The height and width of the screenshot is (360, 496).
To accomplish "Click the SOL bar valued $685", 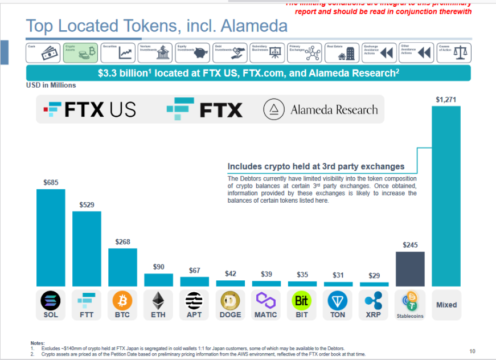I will point(51,237).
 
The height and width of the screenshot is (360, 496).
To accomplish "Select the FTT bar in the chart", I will point(87,248).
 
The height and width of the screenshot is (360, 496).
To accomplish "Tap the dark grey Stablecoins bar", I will point(410,268).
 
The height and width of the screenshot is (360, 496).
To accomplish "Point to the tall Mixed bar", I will point(446,195).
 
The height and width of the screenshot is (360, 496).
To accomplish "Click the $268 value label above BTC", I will point(122,242).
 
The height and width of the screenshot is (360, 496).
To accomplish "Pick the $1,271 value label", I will point(446,99).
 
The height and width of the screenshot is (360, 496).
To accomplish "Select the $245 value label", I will point(410,245).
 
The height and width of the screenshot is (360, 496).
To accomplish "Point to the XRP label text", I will point(374,314).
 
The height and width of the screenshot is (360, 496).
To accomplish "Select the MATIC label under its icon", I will point(266,314).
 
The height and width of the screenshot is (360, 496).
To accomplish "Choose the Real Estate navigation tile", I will point(341,52).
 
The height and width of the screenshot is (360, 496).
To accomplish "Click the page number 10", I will point(472,350).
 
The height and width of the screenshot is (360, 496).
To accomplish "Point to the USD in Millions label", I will point(51,85).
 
